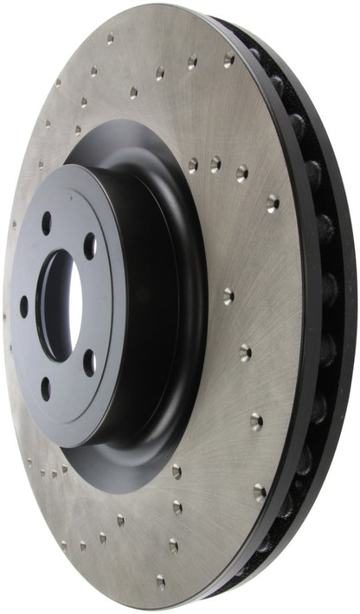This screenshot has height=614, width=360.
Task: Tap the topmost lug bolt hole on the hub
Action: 46,223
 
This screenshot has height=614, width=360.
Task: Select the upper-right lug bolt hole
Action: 89,247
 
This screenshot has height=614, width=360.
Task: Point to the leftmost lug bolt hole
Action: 23,306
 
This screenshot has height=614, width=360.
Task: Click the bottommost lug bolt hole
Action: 45,388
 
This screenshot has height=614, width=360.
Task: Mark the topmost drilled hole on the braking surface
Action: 110,39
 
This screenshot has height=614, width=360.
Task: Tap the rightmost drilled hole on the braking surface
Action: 273,203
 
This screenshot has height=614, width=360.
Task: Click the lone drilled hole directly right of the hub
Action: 227,296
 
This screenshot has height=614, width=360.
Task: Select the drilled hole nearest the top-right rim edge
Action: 229,61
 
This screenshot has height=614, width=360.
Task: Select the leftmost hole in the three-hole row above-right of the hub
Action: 192,163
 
